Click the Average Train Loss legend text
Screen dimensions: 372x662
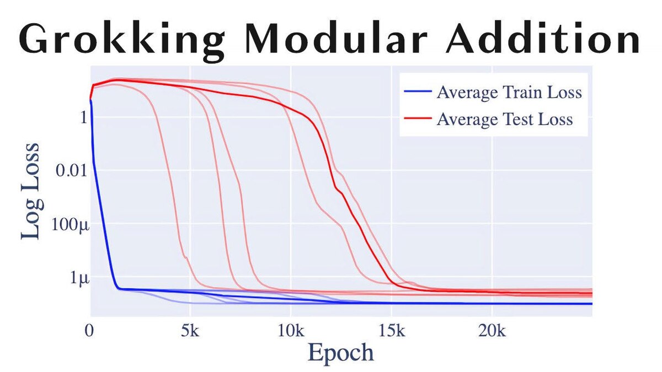point(509,92)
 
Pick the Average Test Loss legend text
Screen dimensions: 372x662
point(504,119)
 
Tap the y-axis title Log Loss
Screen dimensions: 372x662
point(31,190)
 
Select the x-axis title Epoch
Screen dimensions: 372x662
point(340,352)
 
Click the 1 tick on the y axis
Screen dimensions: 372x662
point(83,117)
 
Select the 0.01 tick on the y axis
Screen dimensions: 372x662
point(72,171)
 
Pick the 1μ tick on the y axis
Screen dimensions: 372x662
point(78,278)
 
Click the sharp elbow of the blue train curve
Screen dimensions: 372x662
point(118,288)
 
